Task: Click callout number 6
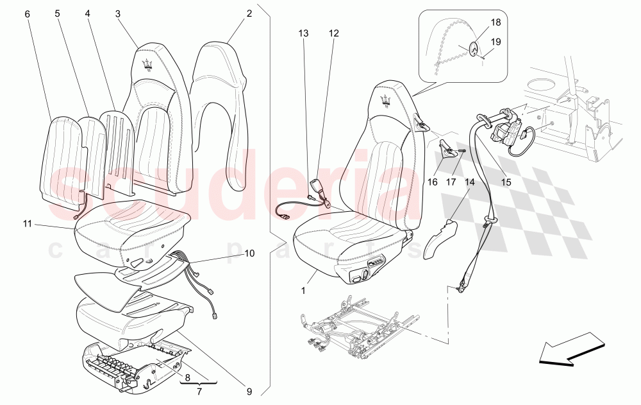point(27,13)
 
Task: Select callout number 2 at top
point(249,13)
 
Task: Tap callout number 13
point(303,33)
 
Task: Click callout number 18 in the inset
point(495,22)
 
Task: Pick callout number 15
point(506,182)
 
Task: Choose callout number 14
point(470,182)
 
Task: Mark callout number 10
point(249,254)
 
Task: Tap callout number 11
point(27,224)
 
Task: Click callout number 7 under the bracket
point(199,390)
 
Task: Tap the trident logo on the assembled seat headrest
point(387,97)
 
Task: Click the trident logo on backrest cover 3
point(147,62)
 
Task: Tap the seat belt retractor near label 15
point(506,128)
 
